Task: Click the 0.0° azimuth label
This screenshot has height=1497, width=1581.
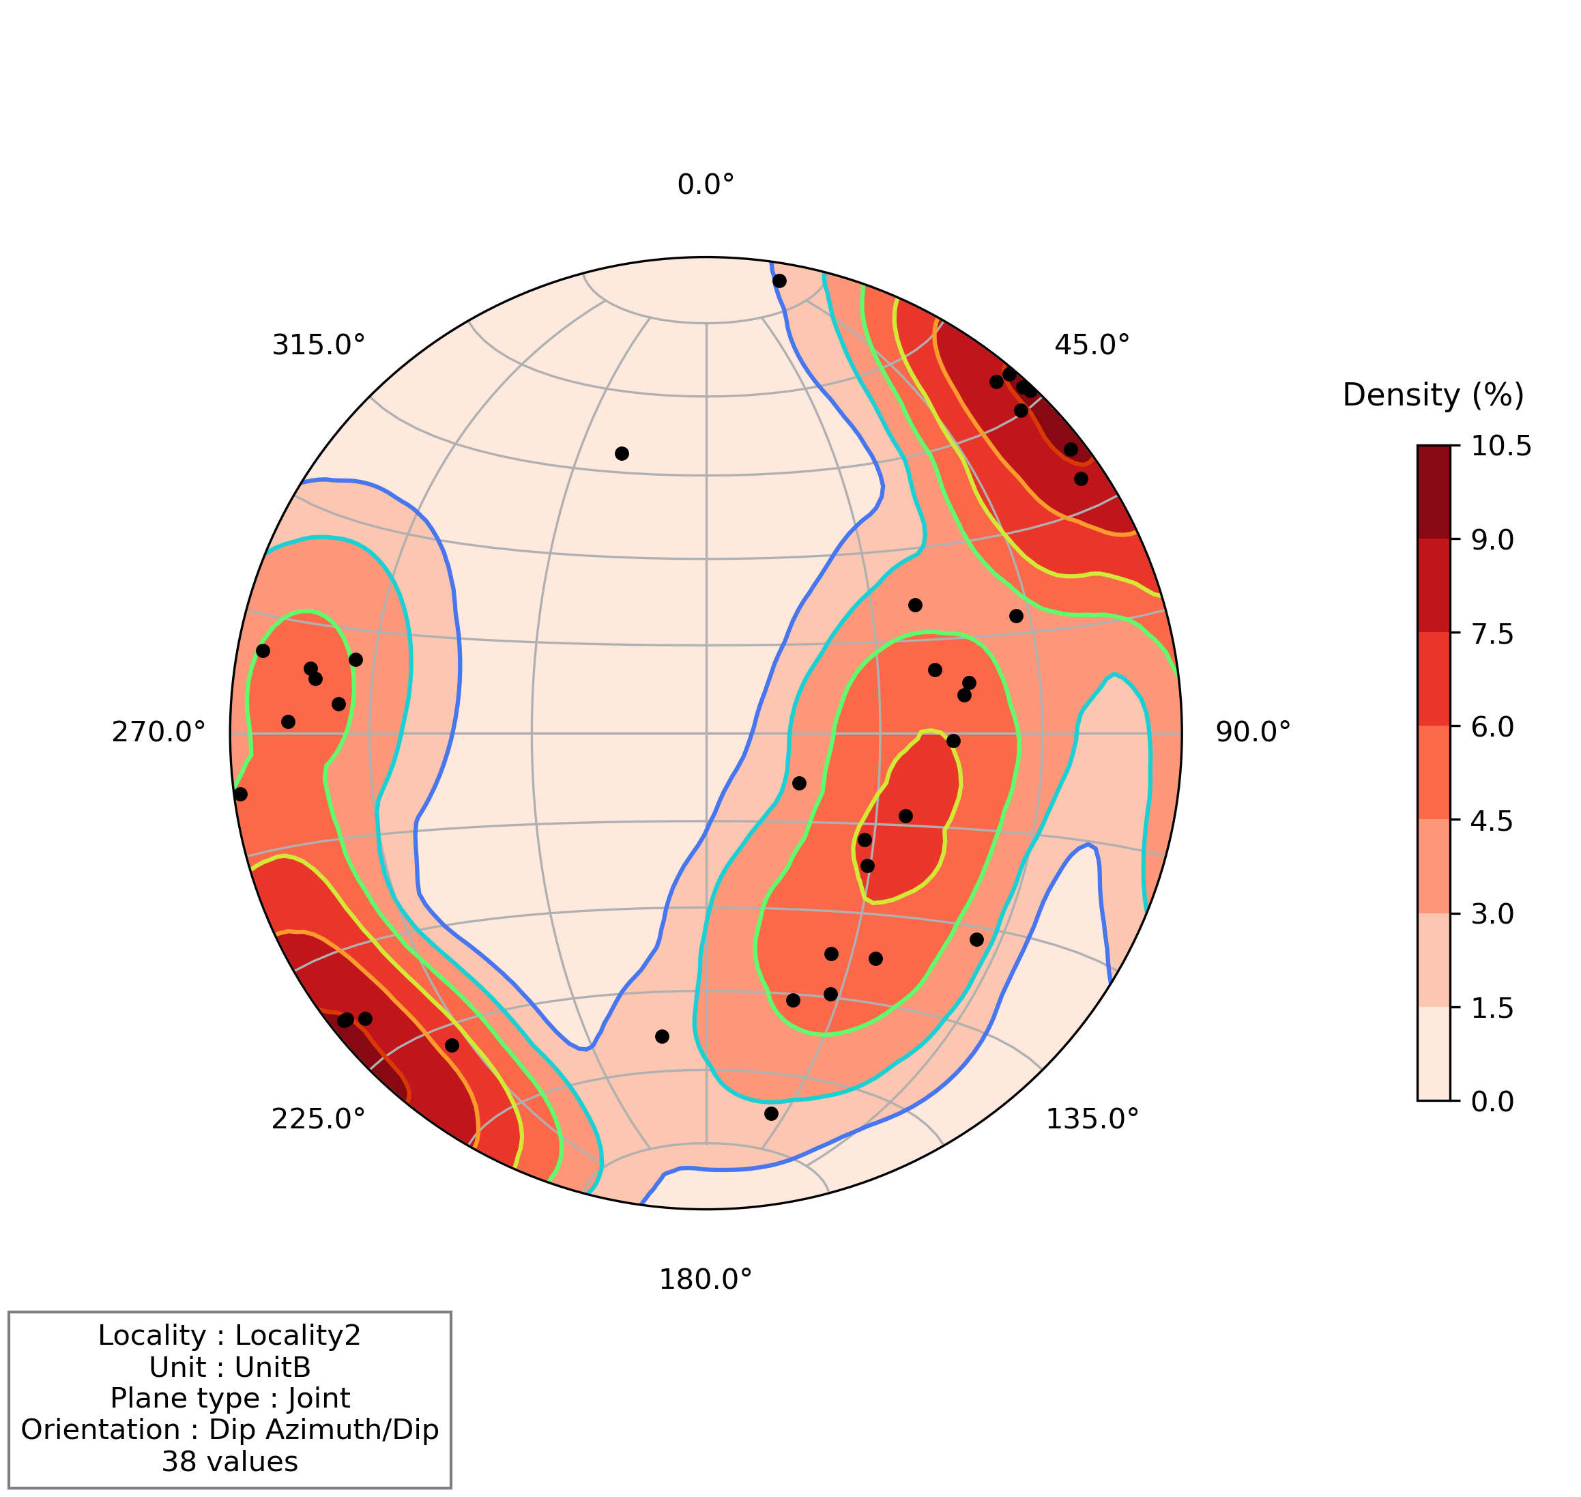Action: coord(705,185)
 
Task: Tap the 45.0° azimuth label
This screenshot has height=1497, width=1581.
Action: coord(1091,345)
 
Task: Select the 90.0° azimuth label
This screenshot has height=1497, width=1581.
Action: coord(1252,732)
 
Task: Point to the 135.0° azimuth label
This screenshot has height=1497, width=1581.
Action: coord(1091,1120)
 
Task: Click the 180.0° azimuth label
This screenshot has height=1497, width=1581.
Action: coord(705,1280)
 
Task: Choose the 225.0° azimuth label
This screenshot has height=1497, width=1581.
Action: coord(317,1120)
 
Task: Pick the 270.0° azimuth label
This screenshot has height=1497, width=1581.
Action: coord(158,732)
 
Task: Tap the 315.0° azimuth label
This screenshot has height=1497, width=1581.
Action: coord(317,345)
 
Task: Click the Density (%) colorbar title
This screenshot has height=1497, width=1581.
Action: coord(1433,396)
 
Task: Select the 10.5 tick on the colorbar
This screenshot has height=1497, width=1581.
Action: coord(1500,447)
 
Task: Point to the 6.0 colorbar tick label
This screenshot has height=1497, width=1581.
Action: coord(1492,727)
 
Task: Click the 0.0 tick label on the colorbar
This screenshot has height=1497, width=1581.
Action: coord(1492,1101)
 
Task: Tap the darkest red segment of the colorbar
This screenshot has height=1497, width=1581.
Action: coord(1434,491)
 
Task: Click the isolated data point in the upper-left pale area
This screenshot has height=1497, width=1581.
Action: coord(622,453)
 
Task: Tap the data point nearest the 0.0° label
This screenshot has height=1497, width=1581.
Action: coord(779,281)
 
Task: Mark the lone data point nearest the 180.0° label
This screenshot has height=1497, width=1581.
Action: coord(770,1113)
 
